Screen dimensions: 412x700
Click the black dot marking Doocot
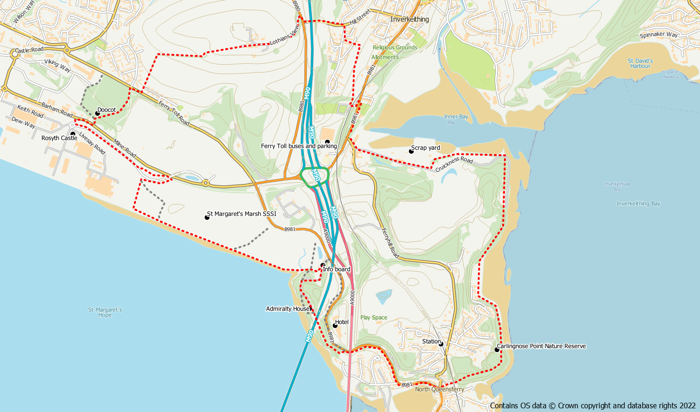click(98, 113)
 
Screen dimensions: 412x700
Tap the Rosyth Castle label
click(59, 138)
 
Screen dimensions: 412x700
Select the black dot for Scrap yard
click(411, 151)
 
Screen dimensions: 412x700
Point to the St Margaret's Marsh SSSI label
click(242, 214)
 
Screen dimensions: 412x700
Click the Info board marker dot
click(323, 266)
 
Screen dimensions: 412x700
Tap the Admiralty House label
click(288, 309)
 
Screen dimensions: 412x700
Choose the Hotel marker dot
click(335, 326)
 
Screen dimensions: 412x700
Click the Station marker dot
click(441, 344)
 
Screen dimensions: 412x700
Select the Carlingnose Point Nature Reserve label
click(541, 346)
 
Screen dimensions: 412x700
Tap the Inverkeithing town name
click(410, 19)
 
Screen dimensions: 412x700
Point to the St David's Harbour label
click(640, 63)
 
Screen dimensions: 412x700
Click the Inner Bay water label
click(456, 117)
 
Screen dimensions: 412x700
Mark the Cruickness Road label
click(454, 164)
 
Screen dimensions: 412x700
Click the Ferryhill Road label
click(390, 243)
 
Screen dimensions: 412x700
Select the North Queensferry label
click(439, 389)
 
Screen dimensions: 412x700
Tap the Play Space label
click(374, 318)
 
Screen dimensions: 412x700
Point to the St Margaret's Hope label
click(105, 312)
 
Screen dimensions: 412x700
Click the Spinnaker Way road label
click(659, 35)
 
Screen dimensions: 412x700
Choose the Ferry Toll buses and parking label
click(299, 146)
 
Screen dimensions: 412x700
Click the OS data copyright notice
click(593, 405)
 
